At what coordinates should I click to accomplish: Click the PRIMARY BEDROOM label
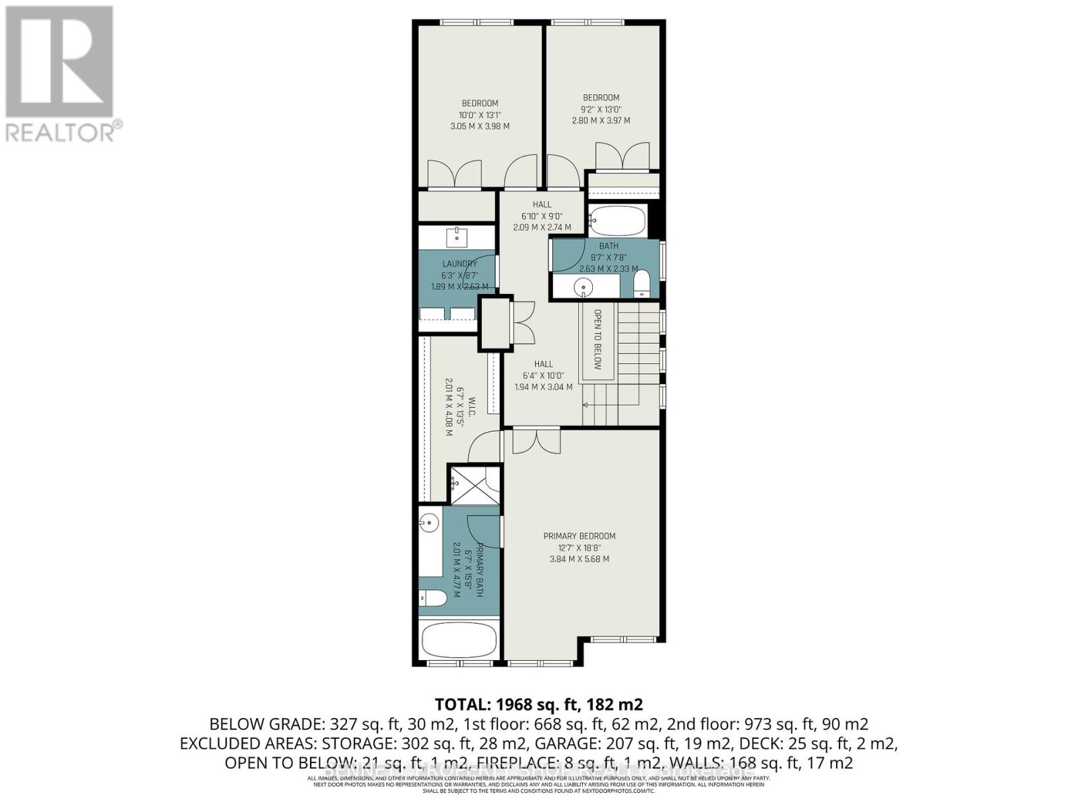(x=579, y=536)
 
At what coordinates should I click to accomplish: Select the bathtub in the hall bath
(x=618, y=220)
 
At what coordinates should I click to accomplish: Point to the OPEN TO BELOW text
(x=597, y=339)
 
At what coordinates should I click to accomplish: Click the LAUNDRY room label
(x=459, y=264)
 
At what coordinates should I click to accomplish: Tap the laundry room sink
(x=457, y=237)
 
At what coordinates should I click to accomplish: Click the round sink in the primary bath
(x=429, y=521)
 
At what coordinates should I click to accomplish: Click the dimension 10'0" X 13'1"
(x=480, y=115)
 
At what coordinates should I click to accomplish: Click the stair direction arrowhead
(x=585, y=404)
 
